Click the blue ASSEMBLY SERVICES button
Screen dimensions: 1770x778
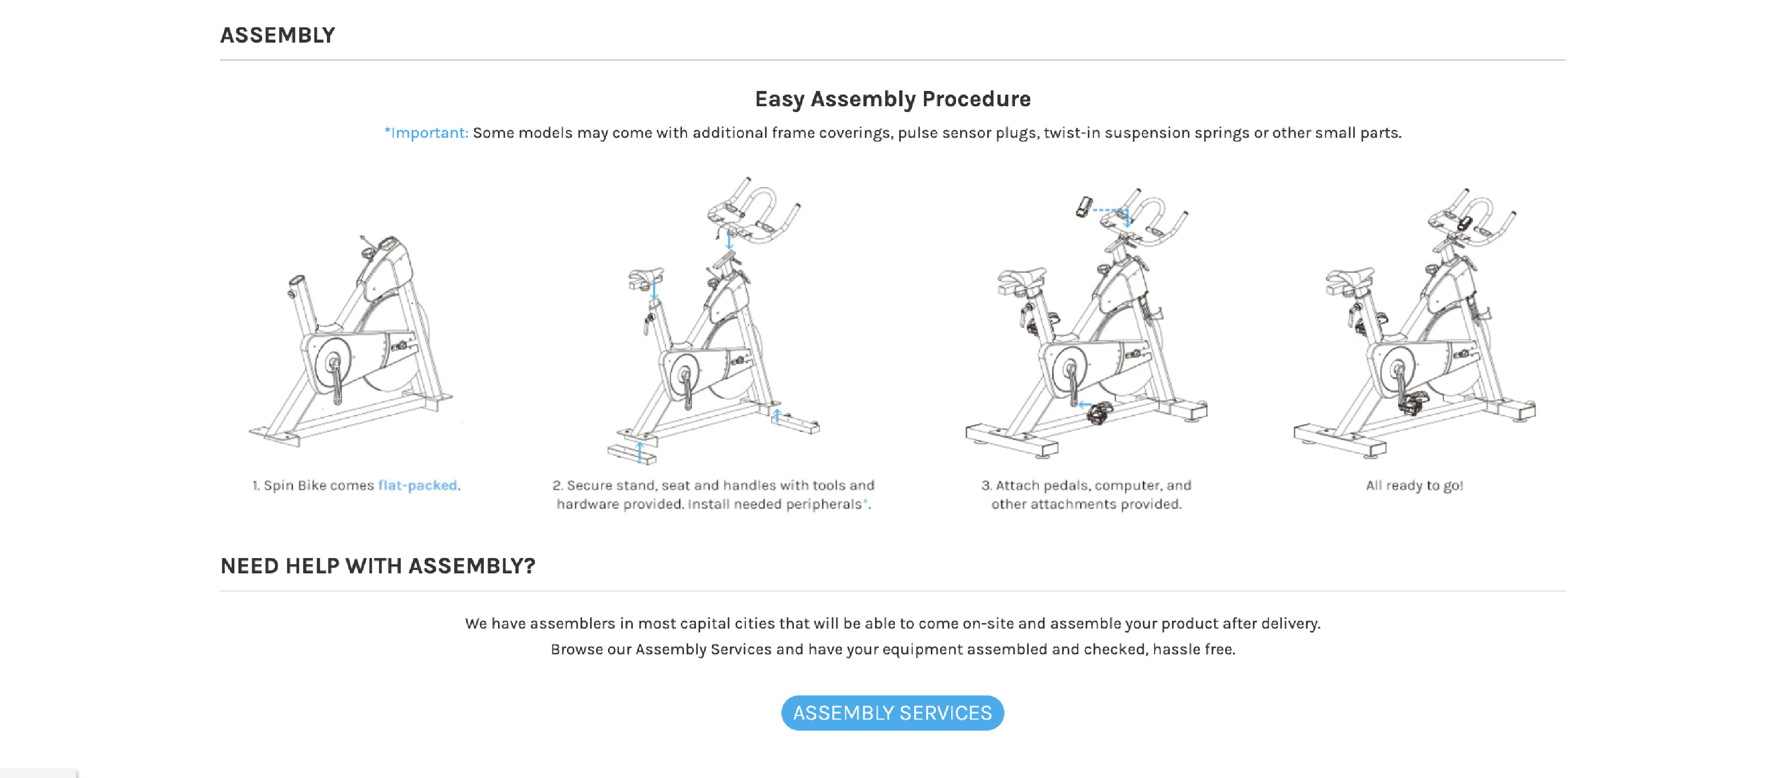tap(892, 713)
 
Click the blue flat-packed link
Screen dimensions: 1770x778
tap(418, 486)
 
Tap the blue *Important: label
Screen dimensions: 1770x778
tap(426, 133)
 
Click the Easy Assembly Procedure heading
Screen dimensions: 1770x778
tap(892, 99)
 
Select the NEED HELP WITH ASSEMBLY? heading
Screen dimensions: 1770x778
tap(377, 566)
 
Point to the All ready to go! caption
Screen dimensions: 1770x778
tap(1414, 486)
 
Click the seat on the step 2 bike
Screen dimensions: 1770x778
tap(645, 278)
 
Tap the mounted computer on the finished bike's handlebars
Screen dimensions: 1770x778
tap(1465, 223)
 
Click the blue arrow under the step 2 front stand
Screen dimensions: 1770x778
tap(640, 450)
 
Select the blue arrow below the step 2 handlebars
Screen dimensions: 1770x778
tap(729, 239)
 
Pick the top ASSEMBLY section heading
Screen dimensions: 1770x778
tap(277, 35)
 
